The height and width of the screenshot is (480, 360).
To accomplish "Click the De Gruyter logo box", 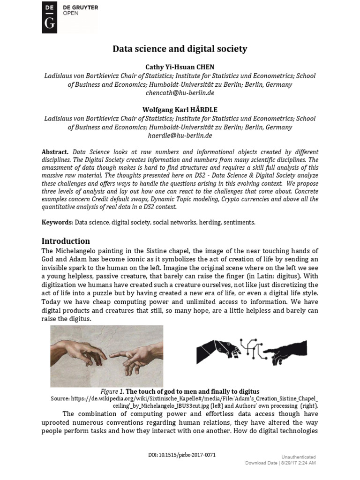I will pyautogui.click(x=49, y=17).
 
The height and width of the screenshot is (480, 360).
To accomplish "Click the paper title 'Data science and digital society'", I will pyautogui.click(x=180, y=49).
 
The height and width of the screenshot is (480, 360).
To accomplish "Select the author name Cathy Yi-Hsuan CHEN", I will pyautogui.click(x=180, y=67).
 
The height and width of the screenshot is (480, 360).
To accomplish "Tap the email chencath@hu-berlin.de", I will pyautogui.click(x=180, y=93).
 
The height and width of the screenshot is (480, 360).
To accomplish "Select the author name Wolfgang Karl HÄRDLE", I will pyautogui.click(x=180, y=110).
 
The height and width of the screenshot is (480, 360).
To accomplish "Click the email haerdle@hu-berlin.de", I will pyautogui.click(x=180, y=135).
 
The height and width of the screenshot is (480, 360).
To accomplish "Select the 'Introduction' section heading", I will pyautogui.click(x=66, y=241).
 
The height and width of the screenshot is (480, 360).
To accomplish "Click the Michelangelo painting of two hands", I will pyautogui.click(x=106, y=356).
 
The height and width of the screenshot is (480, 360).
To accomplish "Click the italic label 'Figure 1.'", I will pyautogui.click(x=112, y=391).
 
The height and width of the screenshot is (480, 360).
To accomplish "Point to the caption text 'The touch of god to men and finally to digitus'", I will pyautogui.click(x=192, y=391).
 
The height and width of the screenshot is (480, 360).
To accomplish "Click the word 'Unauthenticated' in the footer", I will pyautogui.click(x=298, y=457).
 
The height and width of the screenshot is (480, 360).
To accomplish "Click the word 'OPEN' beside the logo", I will pyautogui.click(x=71, y=14).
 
